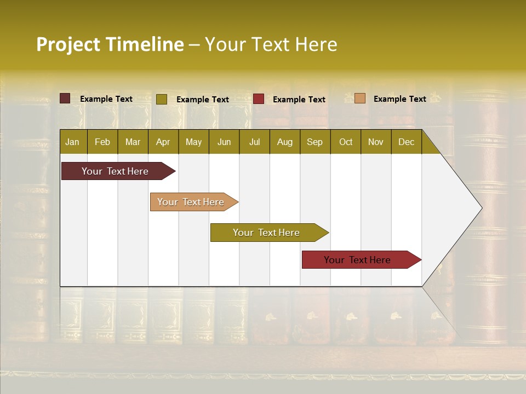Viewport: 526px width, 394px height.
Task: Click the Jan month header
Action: (x=72, y=142)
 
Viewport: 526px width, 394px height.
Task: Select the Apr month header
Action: (x=163, y=142)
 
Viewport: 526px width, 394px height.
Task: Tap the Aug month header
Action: (x=284, y=142)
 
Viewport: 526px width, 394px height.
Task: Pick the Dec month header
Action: (x=406, y=142)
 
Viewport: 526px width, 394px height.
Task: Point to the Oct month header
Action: (x=345, y=142)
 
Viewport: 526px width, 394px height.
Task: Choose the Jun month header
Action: (x=224, y=142)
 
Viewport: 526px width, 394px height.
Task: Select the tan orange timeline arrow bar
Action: (x=192, y=202)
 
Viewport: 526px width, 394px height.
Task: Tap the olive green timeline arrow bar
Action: (x=267, y=233)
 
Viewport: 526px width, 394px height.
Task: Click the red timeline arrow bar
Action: (x=358, y=260)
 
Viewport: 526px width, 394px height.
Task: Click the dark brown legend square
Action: (x=65, y=99)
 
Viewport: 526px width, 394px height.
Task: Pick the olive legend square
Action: (x=162, y=99)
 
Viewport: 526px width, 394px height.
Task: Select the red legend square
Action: (x=259, y=99)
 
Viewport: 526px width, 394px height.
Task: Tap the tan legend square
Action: (x=360, y=99)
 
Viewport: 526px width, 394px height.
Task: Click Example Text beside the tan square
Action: (x=399, y=99)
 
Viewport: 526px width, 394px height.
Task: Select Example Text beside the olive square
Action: (x=202, y=99)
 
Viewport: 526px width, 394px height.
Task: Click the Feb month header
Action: (x=102, y=142)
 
